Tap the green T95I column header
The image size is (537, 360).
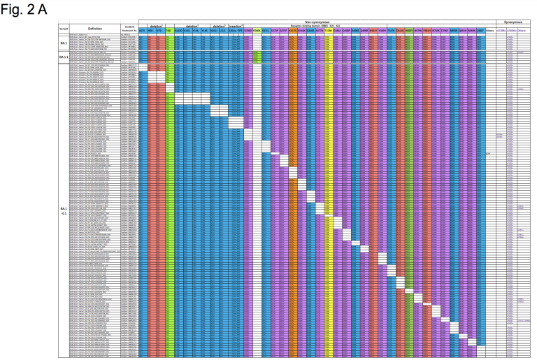click(168, 31)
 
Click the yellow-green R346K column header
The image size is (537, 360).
click(256, 31)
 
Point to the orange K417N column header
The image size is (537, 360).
click(294, 31)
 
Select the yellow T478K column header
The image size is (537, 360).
click(327, 31)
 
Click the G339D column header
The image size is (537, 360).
click(248, 31)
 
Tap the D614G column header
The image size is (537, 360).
click(400, 31)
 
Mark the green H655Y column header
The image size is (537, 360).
click(409, 31)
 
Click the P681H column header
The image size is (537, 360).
click(427, 31)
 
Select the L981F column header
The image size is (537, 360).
click(480, 31)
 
